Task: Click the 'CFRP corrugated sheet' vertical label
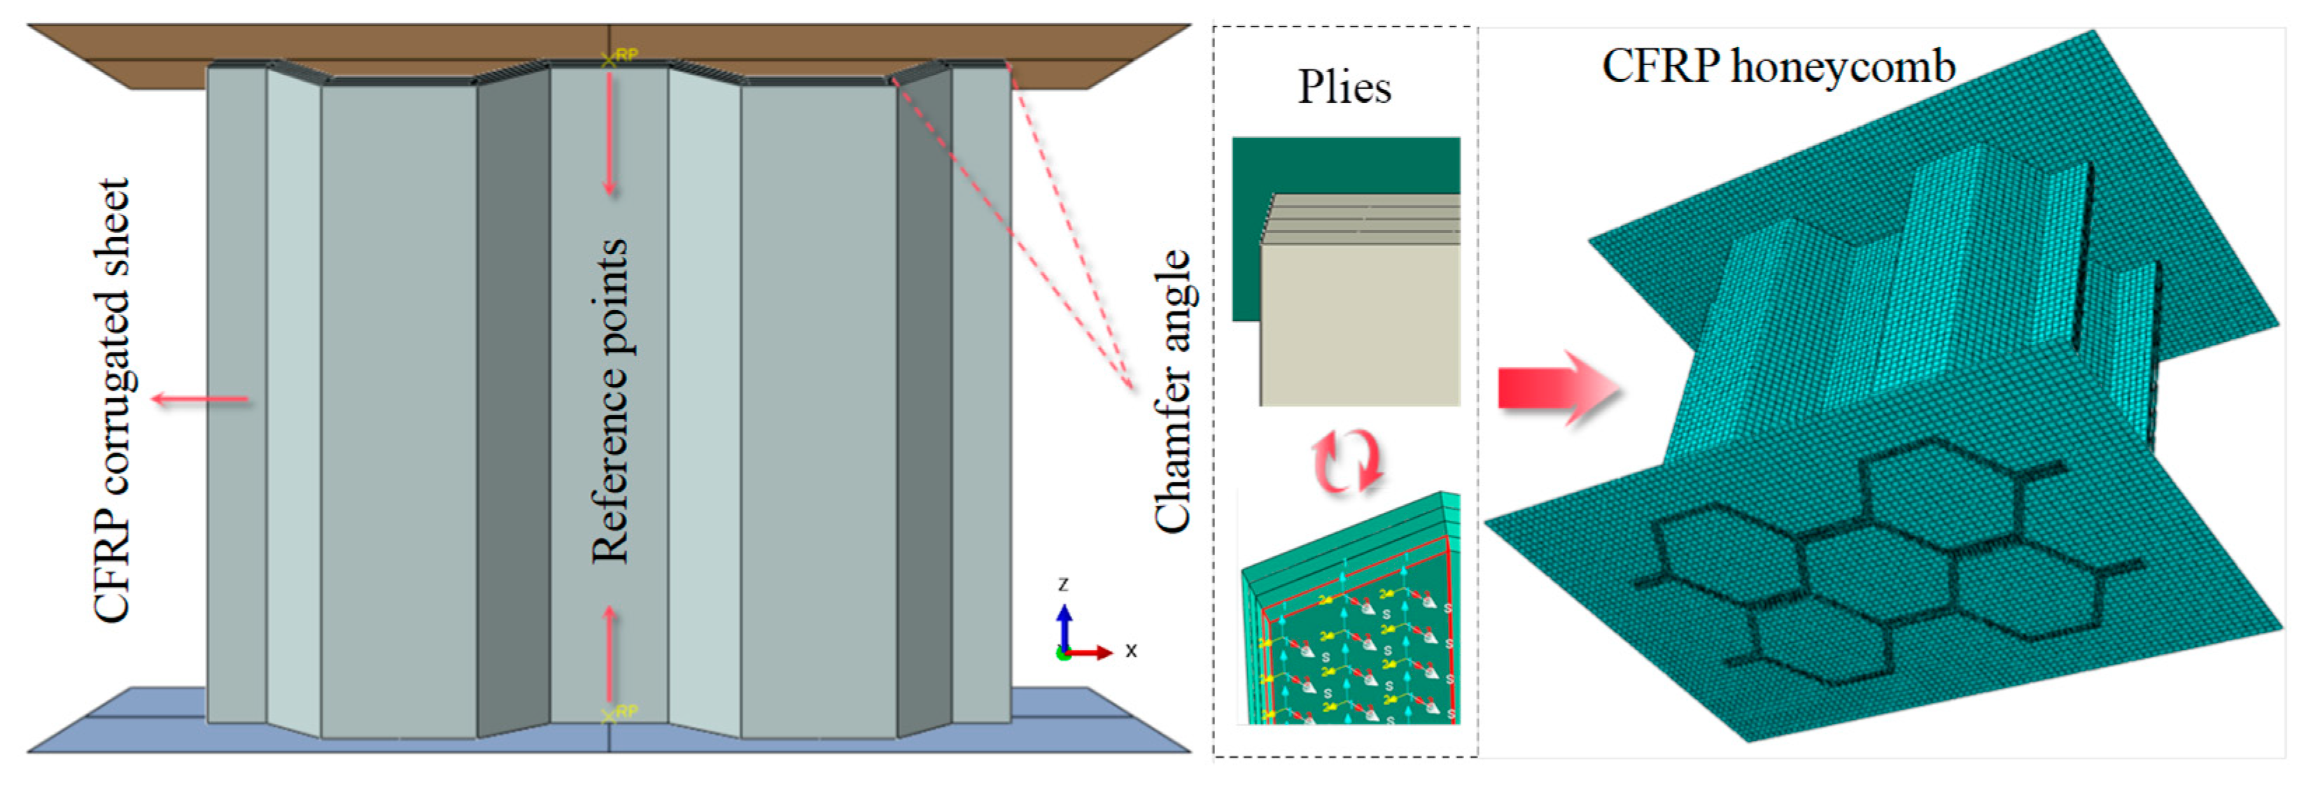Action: [113, 400]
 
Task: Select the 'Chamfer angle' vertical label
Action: [1172, 391]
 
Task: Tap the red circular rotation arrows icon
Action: [1346, 460]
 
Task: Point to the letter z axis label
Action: [1063, 584]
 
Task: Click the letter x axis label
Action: [1131, 651]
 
